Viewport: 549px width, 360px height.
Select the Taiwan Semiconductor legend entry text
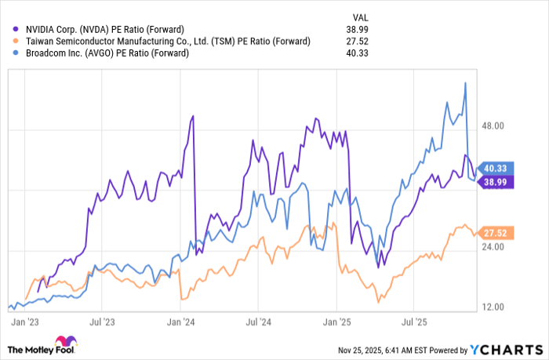(169, 41)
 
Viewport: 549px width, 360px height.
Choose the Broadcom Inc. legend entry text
(115, 53)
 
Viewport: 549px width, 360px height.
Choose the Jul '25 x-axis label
(413, 322)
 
